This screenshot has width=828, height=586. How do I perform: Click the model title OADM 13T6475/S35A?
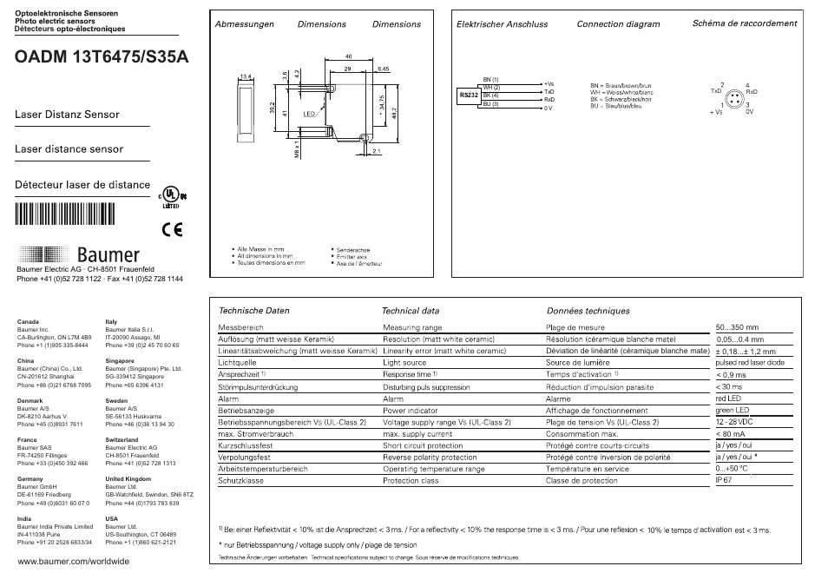[x=101, y=58]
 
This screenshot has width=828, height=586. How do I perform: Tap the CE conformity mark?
[x=173, y=230]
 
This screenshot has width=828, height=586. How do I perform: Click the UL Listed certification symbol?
[x=171, y=199]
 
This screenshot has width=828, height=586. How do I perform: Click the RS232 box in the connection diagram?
[x=469, y=94]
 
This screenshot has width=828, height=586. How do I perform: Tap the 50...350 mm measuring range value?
[x=737, y=327]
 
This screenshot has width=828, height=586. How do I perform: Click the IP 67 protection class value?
[x=724, y=479]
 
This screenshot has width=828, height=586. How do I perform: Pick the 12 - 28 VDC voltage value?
[x=734, y=422]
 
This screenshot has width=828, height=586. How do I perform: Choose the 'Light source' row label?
[x=404, y=362]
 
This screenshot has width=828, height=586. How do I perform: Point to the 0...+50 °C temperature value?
[x=731, y=468]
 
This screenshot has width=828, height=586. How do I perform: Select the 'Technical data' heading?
[x=411, y=310]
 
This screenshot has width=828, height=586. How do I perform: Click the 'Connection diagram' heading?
[x=618, y=24]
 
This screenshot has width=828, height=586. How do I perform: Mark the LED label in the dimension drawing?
[x=308, y=114]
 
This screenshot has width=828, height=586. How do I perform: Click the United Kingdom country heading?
[x=128, y=478]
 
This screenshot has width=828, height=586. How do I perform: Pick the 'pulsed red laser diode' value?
[x=749, y=362]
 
